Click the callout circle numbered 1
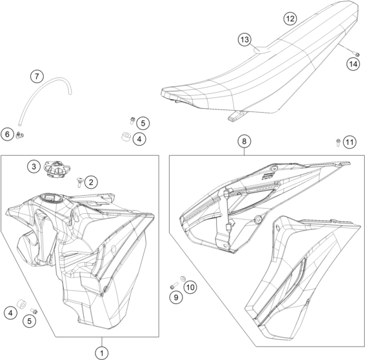102,354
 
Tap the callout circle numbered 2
91,182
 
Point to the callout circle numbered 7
37,76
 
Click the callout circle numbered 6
8,134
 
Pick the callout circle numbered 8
244,141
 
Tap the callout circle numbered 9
176,297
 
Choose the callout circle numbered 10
190,287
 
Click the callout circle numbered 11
350,142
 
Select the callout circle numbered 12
290,19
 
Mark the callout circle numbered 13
244,39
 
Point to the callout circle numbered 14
353,64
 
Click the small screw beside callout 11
338,142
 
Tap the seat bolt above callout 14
357,54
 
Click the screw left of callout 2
79,182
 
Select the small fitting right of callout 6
20,135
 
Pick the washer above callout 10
183,278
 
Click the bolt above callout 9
173,285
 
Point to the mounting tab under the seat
236,116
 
